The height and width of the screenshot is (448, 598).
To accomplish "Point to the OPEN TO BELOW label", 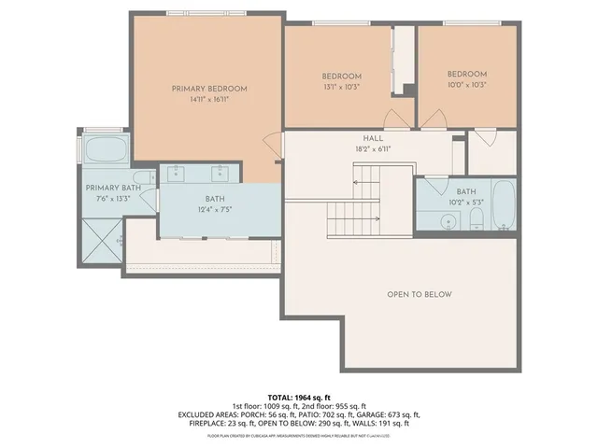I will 420,295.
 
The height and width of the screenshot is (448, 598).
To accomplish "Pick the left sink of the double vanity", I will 177,172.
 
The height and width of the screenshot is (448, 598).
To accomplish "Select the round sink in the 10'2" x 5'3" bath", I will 449,222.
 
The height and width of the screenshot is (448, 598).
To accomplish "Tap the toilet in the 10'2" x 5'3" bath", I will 477,220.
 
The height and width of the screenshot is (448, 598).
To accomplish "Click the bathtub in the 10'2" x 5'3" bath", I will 503,206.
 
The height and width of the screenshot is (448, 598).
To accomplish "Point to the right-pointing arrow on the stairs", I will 355,219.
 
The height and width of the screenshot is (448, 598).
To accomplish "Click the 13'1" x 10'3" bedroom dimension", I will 341,87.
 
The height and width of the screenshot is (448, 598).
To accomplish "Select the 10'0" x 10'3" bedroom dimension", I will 466,85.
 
